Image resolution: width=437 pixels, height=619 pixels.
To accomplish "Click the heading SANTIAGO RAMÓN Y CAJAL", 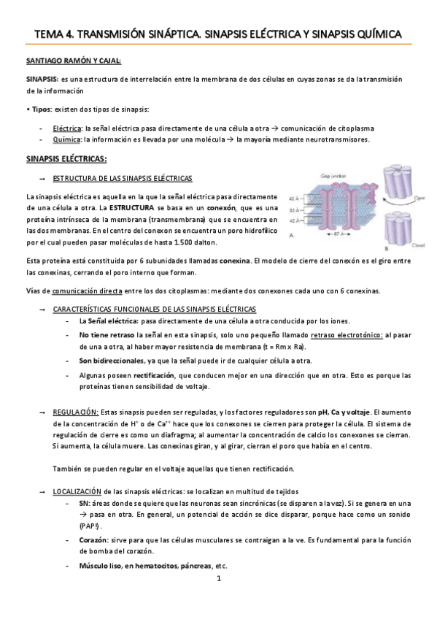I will [74, 61].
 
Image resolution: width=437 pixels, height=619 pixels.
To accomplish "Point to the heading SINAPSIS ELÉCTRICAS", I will [66, 158].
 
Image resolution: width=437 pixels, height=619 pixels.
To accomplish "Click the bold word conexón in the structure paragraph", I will [201, 208].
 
